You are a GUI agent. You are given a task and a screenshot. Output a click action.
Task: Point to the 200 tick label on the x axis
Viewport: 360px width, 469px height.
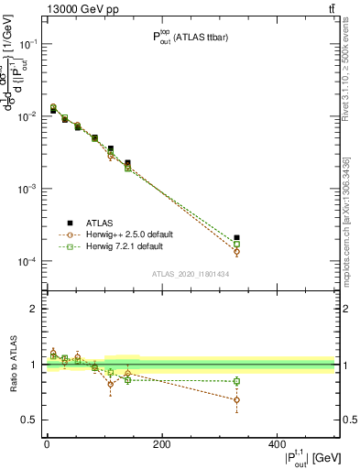(x=161, y=445)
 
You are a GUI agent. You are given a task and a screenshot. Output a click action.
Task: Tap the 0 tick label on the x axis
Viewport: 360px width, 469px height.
(x=47, y=445)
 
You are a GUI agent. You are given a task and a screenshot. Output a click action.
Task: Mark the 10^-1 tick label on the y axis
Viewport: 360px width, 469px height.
(x=27, y=44)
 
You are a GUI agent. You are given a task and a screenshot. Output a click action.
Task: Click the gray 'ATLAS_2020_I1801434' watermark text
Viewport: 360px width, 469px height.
(x=190, y=274)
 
